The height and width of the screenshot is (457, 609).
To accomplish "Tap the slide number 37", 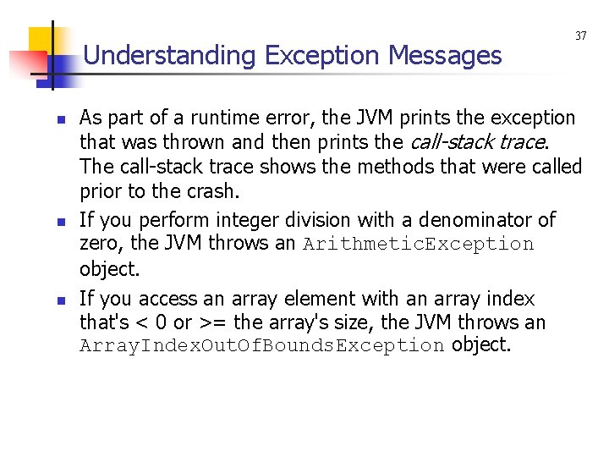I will click(580, 36).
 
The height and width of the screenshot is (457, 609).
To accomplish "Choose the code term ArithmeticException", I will click(418, 245).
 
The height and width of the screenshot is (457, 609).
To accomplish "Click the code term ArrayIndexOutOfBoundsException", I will click(262, 346).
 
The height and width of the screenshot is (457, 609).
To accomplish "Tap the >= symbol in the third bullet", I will click(213, 322).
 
